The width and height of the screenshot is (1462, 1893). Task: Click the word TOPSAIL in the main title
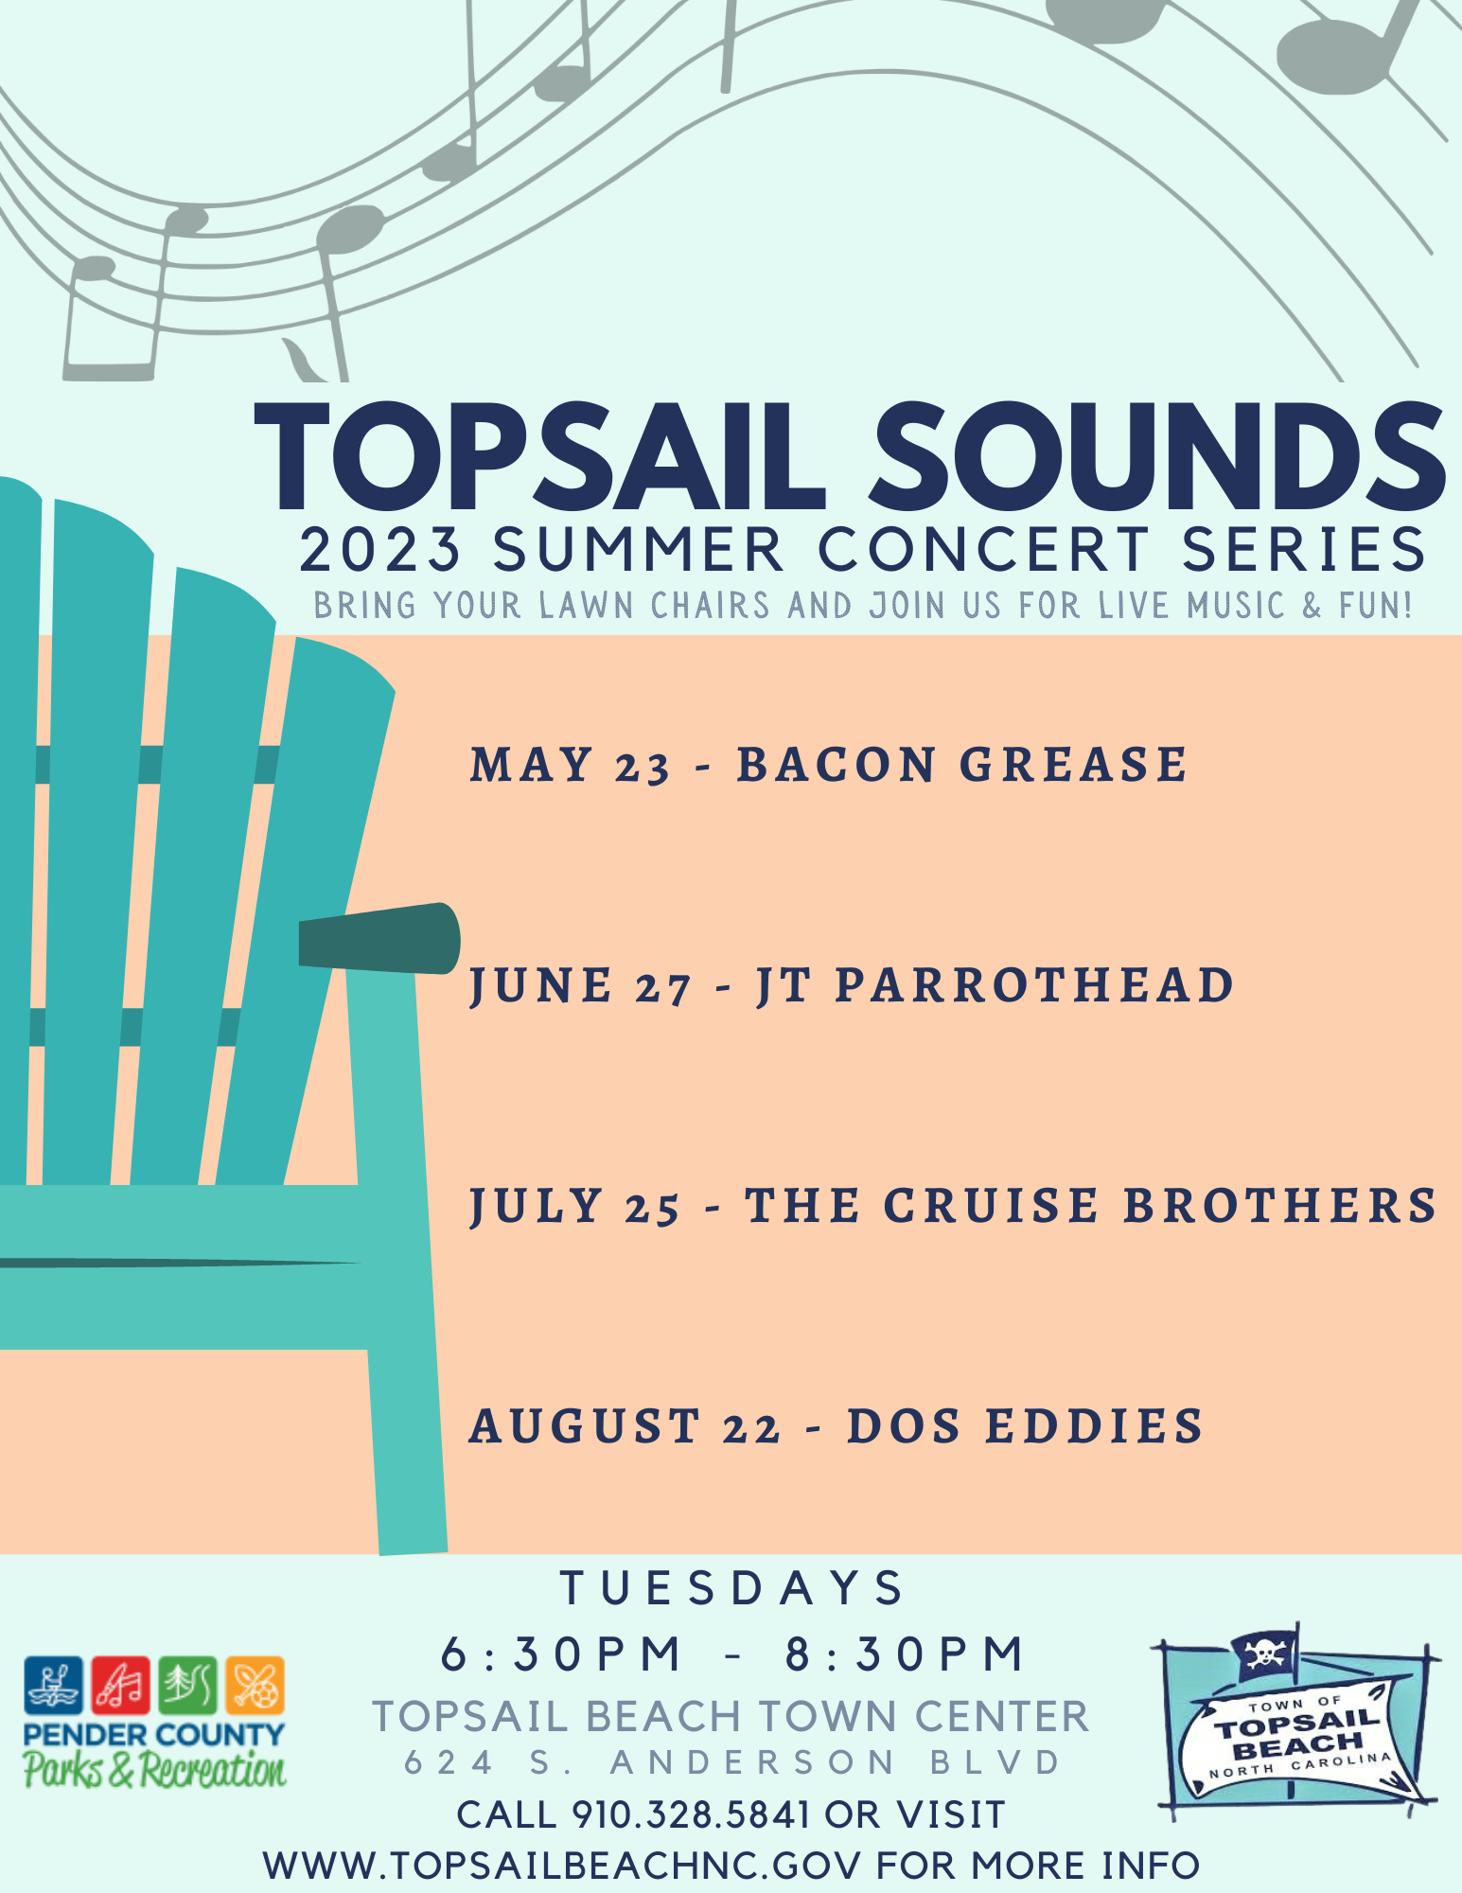coord(540,458)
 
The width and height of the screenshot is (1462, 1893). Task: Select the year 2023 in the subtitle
coord(380,550)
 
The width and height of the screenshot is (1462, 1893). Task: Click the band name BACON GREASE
coord(961,765)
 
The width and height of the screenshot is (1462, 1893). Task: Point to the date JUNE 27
coord(581,986)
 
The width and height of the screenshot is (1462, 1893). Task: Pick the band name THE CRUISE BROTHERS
coord(1091,1206)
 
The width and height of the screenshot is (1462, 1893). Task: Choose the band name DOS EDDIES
coord(1025,1426)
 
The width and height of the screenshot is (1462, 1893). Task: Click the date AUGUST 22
coord(625,1426)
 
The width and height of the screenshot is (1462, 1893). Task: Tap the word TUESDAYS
coord(732,1587)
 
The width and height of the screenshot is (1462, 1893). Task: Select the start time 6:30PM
coord(561,1654)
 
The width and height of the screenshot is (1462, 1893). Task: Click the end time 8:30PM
coord(905,1654)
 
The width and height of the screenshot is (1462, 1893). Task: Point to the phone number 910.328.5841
coord(691,1814)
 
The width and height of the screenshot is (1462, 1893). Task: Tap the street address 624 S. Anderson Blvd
coord(732,1762)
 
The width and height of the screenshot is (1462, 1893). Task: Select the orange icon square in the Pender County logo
coord(255,1685)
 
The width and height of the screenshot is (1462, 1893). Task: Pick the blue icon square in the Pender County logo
coord(54,1685)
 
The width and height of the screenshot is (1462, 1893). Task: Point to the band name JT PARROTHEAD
coord(995,986)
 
